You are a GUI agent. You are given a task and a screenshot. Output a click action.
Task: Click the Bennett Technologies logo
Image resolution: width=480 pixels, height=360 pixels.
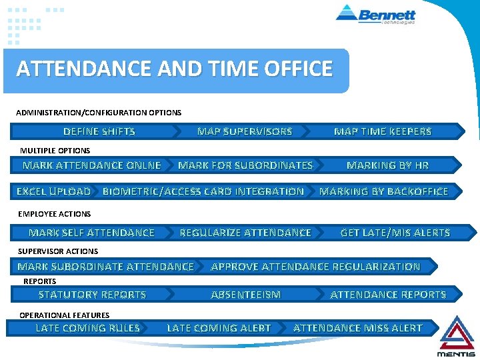pos(376,14)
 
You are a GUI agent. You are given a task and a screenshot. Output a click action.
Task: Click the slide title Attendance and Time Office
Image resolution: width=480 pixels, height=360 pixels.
pos(175,69)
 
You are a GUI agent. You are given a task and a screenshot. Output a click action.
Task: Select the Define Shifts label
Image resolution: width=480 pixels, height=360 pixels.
pos(99,132)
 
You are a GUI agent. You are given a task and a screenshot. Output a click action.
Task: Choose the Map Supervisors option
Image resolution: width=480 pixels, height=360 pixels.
pos(245,132)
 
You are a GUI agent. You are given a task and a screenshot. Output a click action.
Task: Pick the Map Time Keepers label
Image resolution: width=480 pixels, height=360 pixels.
pos(383,132)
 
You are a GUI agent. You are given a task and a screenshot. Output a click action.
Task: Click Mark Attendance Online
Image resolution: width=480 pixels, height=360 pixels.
pos(92,165)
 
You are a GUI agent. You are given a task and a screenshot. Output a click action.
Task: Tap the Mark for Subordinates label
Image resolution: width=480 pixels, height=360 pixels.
pos(245,165)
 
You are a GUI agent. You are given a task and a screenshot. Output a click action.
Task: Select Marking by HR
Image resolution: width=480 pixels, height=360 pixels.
pos(388,165)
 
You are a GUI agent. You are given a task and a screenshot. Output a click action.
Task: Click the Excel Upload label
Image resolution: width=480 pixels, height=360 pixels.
pos(53,192)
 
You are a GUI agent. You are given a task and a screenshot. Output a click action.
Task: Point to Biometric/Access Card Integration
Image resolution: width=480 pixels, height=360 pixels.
pos(203,192)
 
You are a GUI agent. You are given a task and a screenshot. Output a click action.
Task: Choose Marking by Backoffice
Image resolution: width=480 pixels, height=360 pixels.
pos(384,192)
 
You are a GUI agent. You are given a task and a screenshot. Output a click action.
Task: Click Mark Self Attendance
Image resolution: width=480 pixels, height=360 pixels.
pos(91,233)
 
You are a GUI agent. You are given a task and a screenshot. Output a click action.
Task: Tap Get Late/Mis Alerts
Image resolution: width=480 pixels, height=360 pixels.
pos(395,233)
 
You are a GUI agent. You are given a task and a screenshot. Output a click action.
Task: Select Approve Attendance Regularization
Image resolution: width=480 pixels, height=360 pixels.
pos(315,267)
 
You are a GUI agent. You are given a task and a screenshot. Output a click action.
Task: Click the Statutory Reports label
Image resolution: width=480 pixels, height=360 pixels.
pos(92,295)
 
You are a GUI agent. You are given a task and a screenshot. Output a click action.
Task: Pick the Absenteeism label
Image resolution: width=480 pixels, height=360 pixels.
pos(246,295)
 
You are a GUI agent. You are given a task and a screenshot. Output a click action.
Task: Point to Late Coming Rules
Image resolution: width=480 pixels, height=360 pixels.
pos(87,328)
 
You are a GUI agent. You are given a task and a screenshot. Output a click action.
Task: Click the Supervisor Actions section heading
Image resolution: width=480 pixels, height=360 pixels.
pos(58,251)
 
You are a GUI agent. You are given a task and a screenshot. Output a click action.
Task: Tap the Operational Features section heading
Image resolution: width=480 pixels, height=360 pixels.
pos(65,315)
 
